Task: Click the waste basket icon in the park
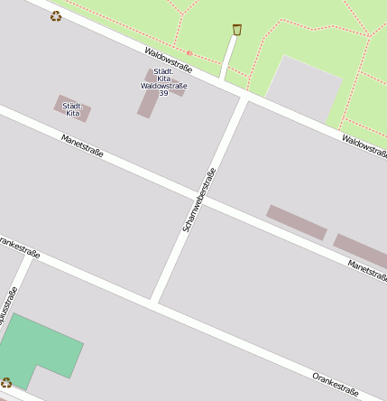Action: click(237, 30)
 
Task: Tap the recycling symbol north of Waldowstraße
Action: click(57, 15)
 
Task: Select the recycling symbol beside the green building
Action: click(6, 383)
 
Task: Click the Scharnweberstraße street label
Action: click(199, 200)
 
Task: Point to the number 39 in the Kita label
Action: click(163, 94)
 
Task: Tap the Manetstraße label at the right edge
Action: click(366, 268)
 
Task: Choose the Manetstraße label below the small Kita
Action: click(82, 145)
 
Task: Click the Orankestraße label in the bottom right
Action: click(336, 385)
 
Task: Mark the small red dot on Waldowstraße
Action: click(189, 53)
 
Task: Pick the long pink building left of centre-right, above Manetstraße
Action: click(296, 222)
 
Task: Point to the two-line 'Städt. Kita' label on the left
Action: click(72, 109)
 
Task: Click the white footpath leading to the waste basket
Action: click(228, 60)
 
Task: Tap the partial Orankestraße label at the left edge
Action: click(18, 247)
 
